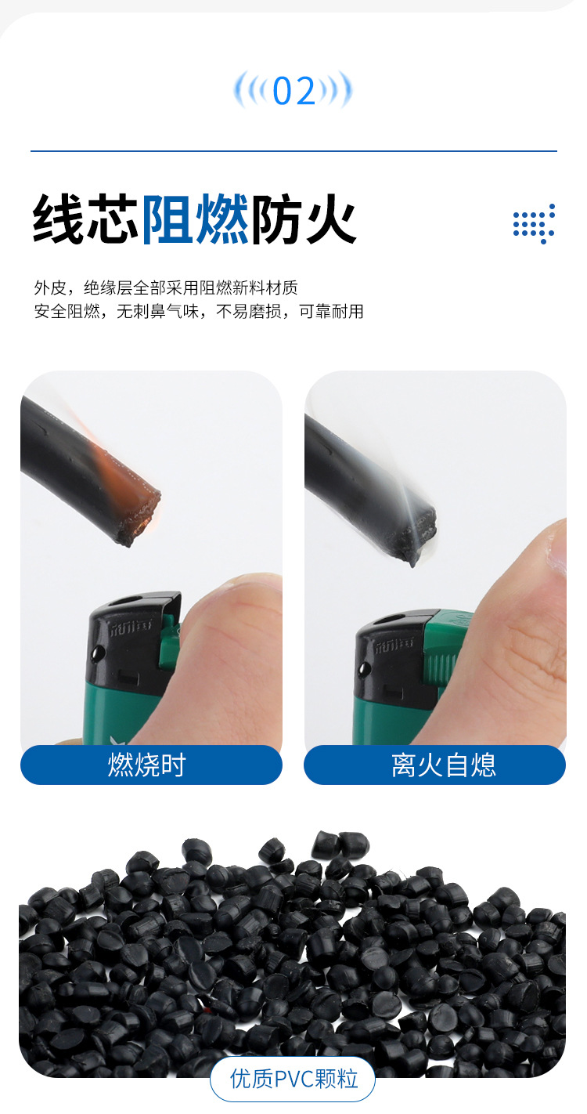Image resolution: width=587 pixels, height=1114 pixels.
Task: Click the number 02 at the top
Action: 293,92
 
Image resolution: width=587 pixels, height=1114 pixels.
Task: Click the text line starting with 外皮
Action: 166,288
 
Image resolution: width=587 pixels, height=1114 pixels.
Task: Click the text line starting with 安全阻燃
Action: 199,312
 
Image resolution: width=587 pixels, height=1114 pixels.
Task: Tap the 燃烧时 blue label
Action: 150,765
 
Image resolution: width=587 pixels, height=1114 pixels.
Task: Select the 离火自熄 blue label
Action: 434,765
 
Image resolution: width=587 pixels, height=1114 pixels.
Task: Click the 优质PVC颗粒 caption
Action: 293,1079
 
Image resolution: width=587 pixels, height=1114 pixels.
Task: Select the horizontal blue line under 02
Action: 293,150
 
